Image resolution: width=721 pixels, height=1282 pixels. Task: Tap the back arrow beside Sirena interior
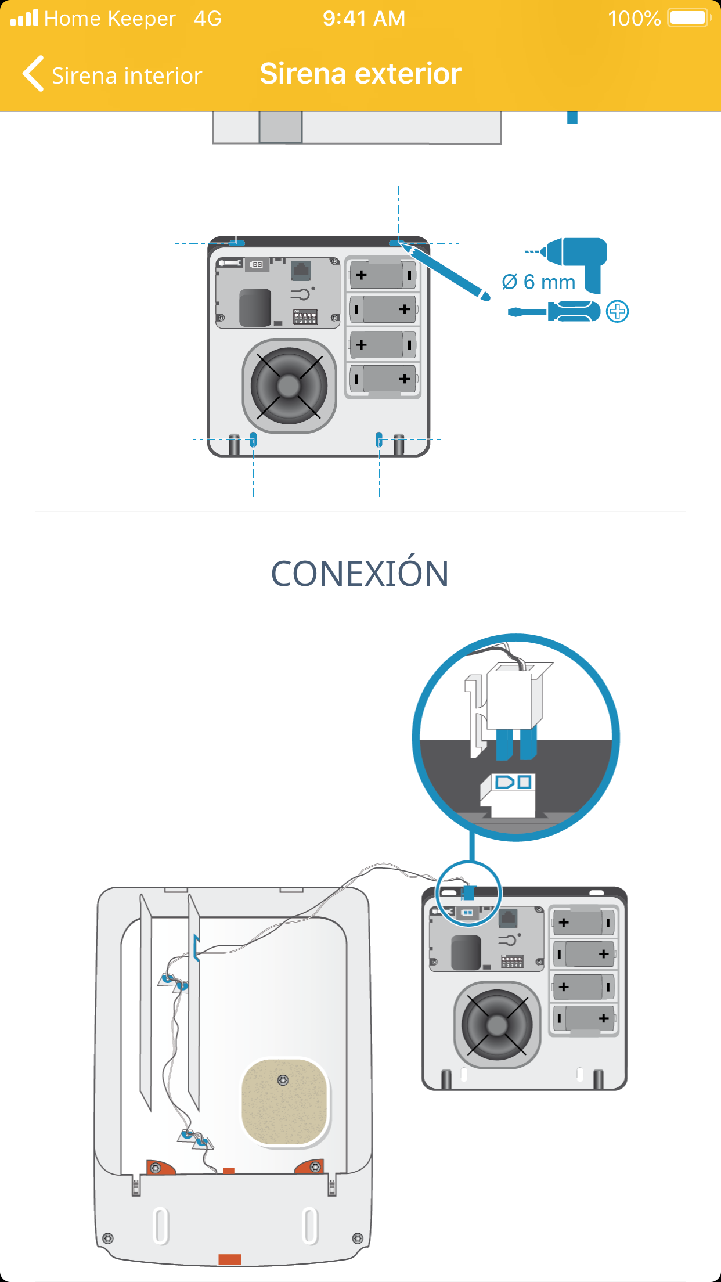point(34,74)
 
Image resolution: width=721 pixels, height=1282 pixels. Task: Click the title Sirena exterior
point(360,74)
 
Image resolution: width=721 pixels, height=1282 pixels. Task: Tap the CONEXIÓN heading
point(360,574)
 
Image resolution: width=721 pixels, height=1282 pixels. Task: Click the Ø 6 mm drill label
point(538,282)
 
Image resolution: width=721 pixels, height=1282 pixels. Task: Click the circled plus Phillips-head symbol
point(617,312)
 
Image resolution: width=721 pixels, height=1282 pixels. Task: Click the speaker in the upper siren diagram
point(289,386)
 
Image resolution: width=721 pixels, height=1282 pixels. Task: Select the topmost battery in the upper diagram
point(383,275)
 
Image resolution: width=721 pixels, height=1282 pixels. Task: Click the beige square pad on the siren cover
point(284,1102)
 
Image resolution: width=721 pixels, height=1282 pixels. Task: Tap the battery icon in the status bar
point(689,18)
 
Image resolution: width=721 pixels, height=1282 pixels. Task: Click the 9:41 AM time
point(364,19)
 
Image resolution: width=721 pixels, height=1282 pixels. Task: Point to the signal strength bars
point(24,18)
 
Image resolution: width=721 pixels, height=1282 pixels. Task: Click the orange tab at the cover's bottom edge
point(230,1259)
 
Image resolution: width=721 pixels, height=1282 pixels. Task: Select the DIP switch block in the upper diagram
point(305,317)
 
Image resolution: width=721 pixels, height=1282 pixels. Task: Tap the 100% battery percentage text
point(634,19)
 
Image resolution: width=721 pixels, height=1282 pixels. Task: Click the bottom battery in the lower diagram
point(584,1018)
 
